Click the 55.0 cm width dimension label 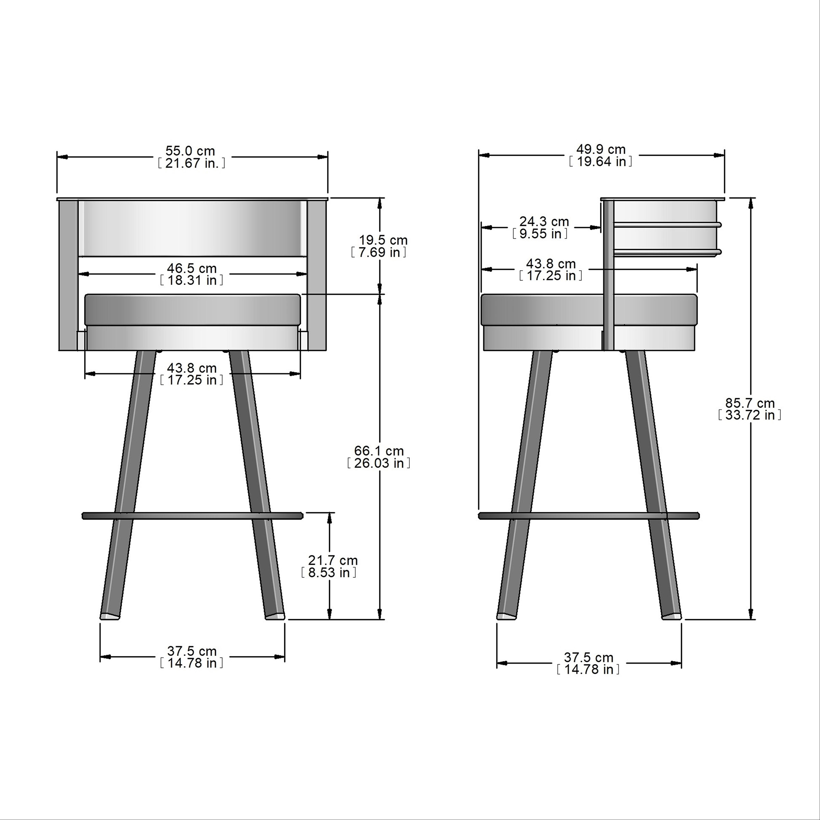[190, 151]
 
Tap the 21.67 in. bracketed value [191, 163]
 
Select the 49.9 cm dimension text [601, 149]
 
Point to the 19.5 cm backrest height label [383, 240]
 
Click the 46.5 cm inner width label [191, 268]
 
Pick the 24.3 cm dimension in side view [544, 221]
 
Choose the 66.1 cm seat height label [379, 451]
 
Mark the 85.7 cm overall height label [750, 403]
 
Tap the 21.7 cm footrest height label [333, 560]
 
